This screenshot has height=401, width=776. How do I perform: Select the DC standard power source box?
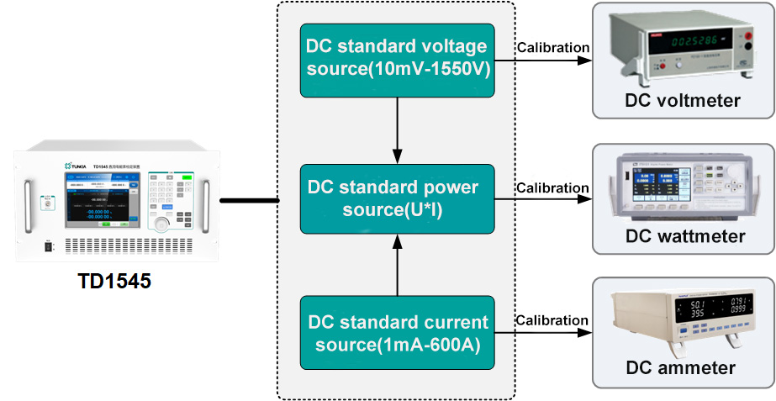pos(398,198)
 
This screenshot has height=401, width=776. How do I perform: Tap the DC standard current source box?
pos(398,333)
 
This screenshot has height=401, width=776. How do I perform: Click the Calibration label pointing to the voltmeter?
pos(552,47)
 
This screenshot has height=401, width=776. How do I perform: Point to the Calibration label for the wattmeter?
pos(552,187)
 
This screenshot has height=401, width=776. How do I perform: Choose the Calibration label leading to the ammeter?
pos(552,320)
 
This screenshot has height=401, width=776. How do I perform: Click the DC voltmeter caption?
pos(683,101)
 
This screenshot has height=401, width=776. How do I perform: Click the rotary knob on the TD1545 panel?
pos(160,224)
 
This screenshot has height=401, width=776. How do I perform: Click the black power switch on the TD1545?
pos(49,247)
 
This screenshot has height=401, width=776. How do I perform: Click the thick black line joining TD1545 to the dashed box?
pos(248,200)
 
